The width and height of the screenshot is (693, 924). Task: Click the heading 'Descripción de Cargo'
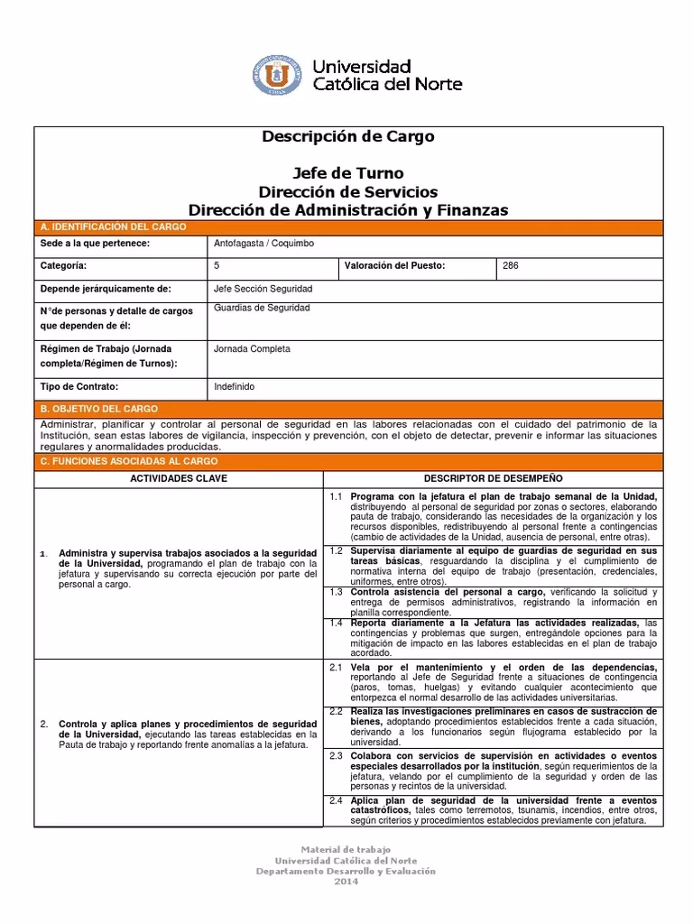tap(347, 137)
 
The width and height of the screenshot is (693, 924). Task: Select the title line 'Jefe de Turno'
tap(347, 173)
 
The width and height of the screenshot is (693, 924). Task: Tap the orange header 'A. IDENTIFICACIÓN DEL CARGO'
tap(113, 226)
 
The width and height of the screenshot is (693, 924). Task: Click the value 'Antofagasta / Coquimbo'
tap(263, 245)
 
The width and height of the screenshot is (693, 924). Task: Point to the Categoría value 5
tap(217, 266)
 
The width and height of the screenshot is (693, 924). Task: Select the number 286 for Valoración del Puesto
tap(511, 266)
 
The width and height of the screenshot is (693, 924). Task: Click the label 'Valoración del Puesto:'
tap(395, 266)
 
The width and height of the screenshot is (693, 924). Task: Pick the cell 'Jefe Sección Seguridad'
tap(263, 289)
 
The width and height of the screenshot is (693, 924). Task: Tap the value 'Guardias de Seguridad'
tap(262, 309)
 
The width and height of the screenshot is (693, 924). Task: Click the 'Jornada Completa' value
tap(252, 348)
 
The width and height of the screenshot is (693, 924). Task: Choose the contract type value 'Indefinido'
tap(235, 386)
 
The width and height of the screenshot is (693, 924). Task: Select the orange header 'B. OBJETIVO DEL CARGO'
tap(99, 409)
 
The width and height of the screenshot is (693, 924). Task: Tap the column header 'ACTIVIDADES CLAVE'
tap(179, 476)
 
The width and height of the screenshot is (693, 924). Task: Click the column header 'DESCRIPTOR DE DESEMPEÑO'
tap(493, 476)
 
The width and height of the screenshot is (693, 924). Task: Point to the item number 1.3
tap(336, 592)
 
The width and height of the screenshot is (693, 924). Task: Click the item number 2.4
tap(336, 800)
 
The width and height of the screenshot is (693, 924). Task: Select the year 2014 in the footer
tap(346, 882)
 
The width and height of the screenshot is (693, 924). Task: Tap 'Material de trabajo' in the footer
tap(346, 850)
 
